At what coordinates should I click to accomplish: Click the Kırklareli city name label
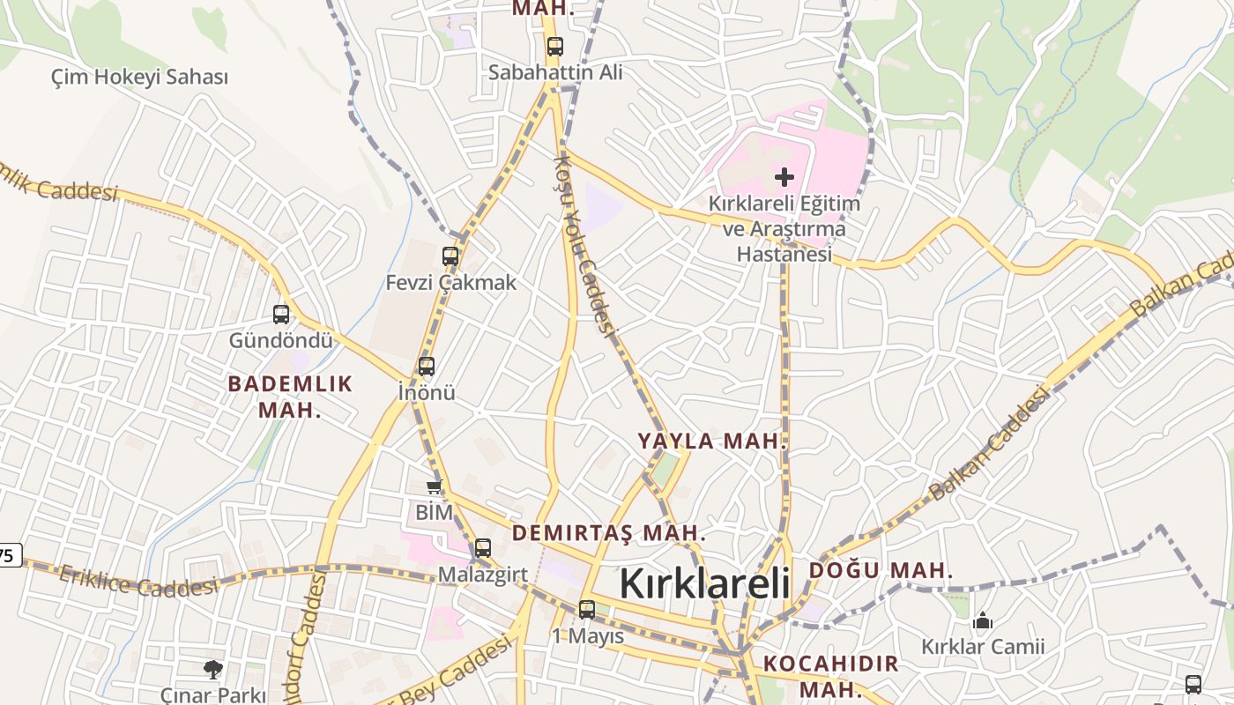[704, 583]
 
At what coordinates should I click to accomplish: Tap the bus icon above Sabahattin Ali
[554, 47]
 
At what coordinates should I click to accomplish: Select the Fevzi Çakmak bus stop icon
[450, 256]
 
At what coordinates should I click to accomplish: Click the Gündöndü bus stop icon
[281, 314]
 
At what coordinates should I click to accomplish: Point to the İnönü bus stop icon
[427, 367]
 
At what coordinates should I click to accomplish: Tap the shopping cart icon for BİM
[434, 487]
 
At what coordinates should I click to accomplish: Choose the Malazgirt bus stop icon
[482, 548]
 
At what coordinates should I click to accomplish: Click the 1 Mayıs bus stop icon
[587, 609]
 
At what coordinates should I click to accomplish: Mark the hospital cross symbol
[784, 177]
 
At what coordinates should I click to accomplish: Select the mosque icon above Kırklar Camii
[983, 621]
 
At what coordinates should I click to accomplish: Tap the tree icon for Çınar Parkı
[212, 670]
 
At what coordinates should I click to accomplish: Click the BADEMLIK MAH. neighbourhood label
[290, 397]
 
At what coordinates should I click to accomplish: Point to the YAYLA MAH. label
[711, 442]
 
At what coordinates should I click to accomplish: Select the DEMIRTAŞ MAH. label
[609, 533]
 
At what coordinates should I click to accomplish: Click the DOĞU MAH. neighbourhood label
[881, 570]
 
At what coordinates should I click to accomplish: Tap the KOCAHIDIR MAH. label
[830, 675]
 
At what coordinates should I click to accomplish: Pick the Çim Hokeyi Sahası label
[139, 78]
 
